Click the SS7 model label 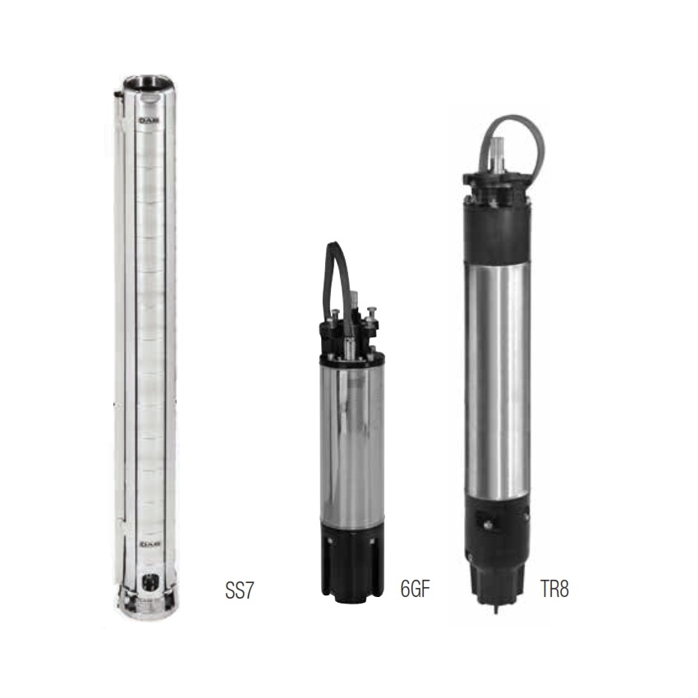tap(240, 590)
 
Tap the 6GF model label tap(416, 589)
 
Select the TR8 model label tap(554, 589)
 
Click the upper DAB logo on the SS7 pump tap(149, 121)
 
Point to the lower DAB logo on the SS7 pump tap(149, 544)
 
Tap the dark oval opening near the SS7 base tap(149, 583)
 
